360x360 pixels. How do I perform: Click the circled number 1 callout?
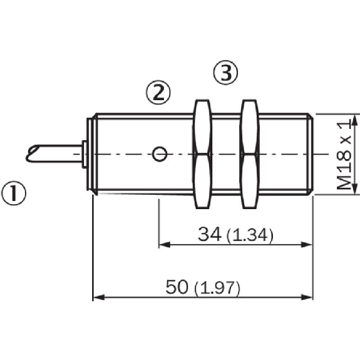[x=14, y=193]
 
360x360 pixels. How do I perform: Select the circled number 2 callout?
[x=158, y=92]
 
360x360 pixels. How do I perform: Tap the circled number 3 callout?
[x=226, y=73]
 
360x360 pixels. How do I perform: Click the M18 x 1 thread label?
[x=344, y=156]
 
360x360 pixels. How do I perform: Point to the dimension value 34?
[x=210, y=234]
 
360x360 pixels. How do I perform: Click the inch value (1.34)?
[x=250, y=235]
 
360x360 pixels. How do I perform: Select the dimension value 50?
[x=177, y=287]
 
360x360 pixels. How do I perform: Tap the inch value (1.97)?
[x=217, y=288]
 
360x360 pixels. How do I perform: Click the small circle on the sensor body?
[x=160, y=154]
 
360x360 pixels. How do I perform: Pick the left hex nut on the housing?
[x=202, y=154]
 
